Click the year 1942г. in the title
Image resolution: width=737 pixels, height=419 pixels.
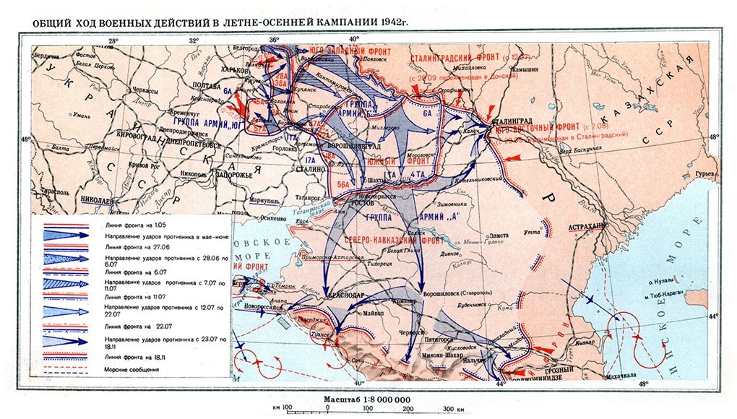(x=389, y=21)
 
